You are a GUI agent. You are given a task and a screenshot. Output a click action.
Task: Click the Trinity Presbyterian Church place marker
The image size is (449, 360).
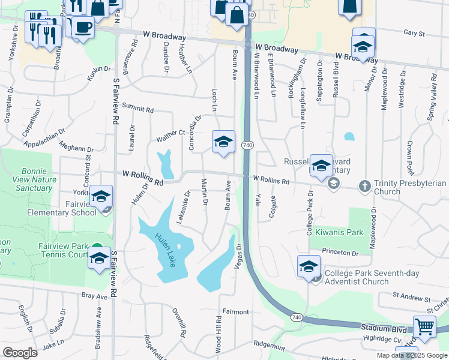[364, 186]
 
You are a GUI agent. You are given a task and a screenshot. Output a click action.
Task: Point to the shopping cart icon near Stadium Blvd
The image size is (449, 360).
[424, 328]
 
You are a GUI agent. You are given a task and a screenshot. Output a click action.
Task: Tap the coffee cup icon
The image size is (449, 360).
[83, 27]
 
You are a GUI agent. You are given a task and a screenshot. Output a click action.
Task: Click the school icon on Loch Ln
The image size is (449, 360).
[223, 142]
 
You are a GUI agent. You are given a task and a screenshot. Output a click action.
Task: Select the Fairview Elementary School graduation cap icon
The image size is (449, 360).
[101, 196]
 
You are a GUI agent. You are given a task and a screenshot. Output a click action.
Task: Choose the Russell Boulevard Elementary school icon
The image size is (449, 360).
[321, 166]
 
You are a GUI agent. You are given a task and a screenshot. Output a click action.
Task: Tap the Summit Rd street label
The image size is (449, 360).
[138, 107]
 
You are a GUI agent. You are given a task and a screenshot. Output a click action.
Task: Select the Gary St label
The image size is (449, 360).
[414, 34]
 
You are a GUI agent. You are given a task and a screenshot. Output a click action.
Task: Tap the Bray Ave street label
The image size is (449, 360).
[94, 296]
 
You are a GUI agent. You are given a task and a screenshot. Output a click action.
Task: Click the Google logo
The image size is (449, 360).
[20, 353]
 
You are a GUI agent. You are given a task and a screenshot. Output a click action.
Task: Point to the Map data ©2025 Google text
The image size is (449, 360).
[411, 355]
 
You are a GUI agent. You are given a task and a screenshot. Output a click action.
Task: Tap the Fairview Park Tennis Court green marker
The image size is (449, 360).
[96, 248]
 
